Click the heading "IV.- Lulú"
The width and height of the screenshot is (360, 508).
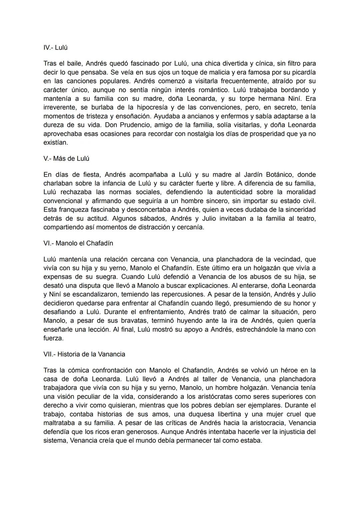(x=55, y=48)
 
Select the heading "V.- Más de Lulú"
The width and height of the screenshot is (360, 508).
(x=66, y=159)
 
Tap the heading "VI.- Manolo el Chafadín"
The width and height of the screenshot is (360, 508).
(x=78, y=243)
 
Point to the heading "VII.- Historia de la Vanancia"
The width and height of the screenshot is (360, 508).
(x=84, y=354)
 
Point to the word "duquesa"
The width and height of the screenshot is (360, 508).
(x=213, y=414)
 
